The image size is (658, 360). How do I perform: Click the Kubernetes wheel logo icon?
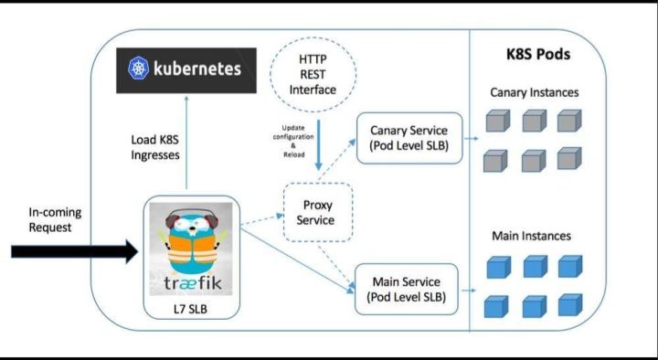[x=139, y=69]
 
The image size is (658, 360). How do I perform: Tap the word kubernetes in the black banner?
[x=197, y=69]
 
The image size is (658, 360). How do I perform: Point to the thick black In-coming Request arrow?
[x=75, y=251]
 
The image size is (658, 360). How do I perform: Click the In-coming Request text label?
[x=55, y=220]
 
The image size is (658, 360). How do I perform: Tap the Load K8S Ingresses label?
[x=154, y=147]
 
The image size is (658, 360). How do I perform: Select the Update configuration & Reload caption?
[x=293, y=141]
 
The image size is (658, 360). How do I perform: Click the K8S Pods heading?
[x=538, y=55]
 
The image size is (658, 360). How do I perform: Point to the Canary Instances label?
[x=535, y=92]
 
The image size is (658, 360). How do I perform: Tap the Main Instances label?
[x=531, y=236]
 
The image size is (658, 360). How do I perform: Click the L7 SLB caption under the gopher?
[x=190, y=309]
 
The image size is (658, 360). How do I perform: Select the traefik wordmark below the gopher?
[x=193, y=283]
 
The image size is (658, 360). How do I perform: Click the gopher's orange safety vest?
[x=193, y=248]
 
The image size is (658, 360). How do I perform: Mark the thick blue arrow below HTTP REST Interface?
[x=319, y=145]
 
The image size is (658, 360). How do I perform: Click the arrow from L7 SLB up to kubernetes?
[x=186, y=142]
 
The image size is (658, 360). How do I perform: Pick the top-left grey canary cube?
[x=498, y=121]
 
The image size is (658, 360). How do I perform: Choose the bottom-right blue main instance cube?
[x=570, y=305]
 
